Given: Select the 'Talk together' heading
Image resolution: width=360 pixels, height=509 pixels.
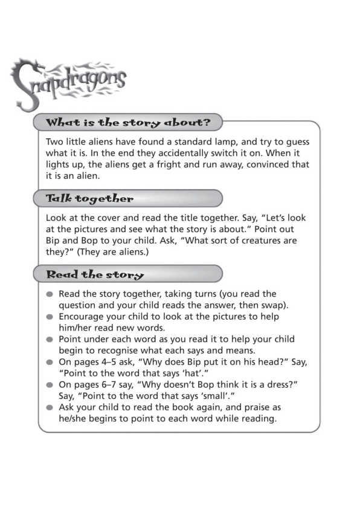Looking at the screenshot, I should click(90, 198).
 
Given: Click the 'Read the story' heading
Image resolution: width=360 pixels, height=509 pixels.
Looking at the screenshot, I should click(95, 274).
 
